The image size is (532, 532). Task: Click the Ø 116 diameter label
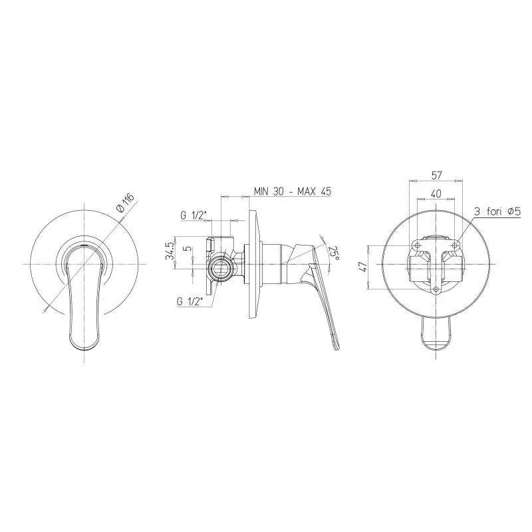(x=125, y=203)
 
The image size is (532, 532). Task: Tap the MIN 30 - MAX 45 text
(x=293, y=192)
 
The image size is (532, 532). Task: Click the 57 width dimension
(x=436, y=176)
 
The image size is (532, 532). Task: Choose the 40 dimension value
(x=436, y=194)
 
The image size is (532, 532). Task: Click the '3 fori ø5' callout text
(x=497, y=212)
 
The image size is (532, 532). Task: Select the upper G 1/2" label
(x=194, y=215)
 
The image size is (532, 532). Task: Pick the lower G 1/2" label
(x=190, y=301)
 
